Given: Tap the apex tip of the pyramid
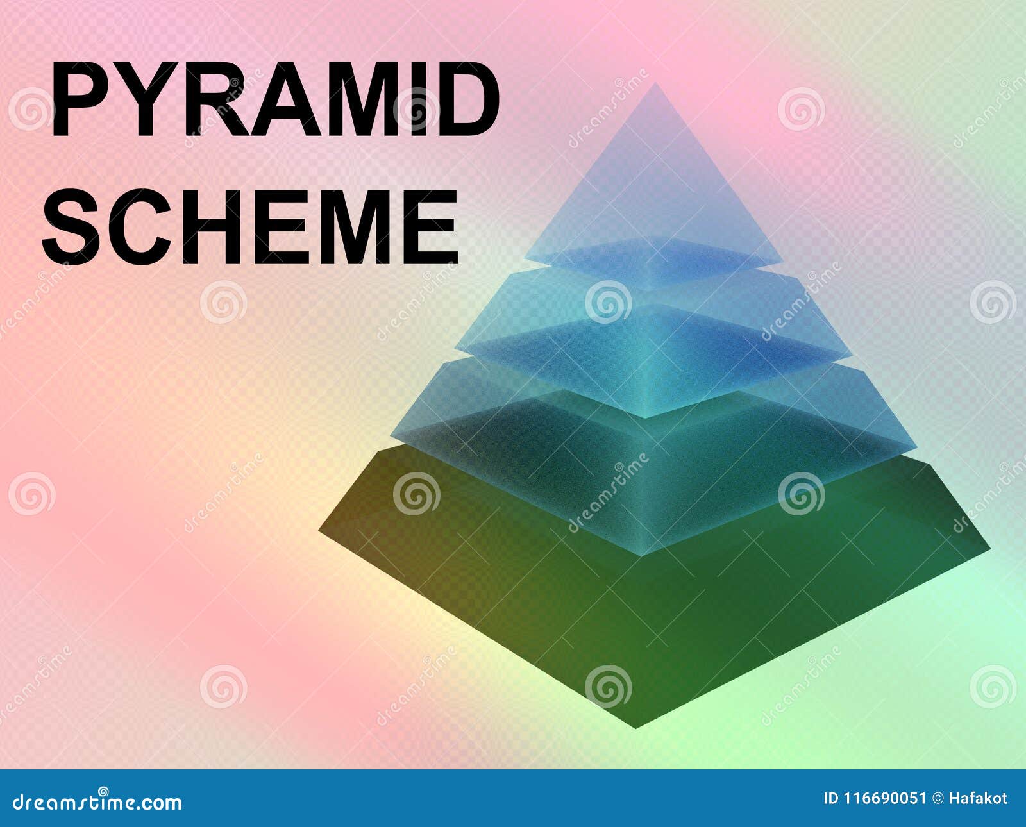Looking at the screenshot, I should (655, 85).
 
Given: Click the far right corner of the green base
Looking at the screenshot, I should (988, 549).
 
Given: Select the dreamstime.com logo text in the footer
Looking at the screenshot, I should (97, 801).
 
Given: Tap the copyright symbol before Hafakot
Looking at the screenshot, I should (938, 798).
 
